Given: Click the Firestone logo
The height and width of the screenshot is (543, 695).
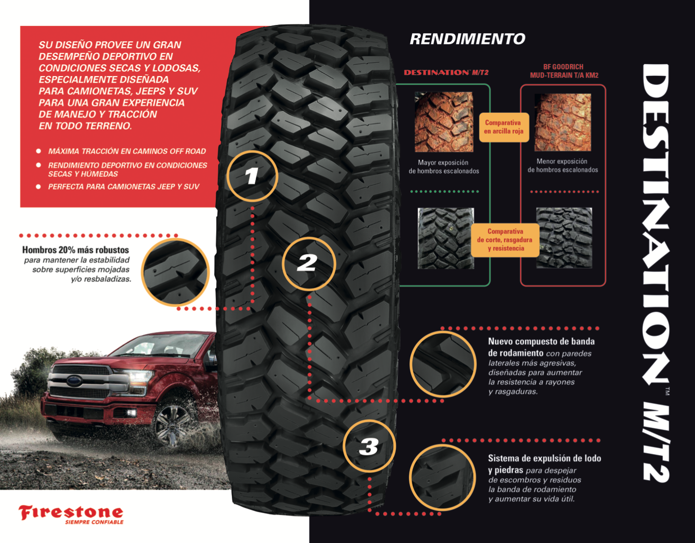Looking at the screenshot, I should [71, 512].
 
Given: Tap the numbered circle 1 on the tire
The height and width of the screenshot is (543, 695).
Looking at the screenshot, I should [252, 176].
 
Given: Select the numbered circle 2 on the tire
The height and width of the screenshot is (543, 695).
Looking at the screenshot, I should [308, 264].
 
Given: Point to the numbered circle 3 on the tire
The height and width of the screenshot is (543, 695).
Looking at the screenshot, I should [369, 446].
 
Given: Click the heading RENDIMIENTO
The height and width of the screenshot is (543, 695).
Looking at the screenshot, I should [467, 39].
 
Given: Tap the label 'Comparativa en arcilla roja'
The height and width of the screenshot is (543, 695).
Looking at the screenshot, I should [504, 127].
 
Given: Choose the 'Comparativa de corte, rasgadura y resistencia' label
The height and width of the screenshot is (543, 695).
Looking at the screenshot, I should [505, 240].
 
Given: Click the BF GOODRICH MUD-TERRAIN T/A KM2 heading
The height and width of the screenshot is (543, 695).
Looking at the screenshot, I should [564, 71].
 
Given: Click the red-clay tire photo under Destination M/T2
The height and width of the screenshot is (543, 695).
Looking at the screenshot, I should [444, 122].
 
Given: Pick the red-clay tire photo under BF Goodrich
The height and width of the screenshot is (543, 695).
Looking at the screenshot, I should [563, 122].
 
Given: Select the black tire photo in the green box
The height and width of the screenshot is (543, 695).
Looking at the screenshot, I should [446, 238].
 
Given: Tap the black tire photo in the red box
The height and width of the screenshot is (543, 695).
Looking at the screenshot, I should [564, 238].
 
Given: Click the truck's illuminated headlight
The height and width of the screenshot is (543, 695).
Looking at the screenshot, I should [139, 377].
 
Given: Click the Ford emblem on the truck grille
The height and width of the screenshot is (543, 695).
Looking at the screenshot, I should [75, 380].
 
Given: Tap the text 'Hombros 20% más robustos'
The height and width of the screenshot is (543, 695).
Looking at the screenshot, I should [76, 250].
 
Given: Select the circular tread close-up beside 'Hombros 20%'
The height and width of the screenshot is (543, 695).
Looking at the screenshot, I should [175, 272].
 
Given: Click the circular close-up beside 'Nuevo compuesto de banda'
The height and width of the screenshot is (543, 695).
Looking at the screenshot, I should [443, 364].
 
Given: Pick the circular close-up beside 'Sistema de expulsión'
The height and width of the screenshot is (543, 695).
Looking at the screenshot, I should [442, 477].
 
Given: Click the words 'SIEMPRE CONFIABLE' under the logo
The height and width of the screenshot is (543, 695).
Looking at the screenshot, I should [94, 522].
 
